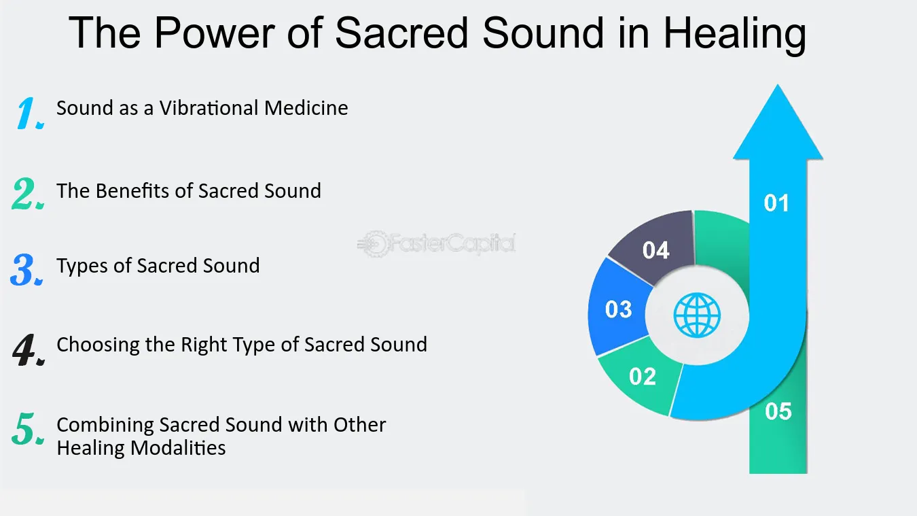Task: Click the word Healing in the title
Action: point(734,35)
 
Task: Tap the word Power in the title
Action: point(215,33)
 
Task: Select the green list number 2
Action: point(28,194)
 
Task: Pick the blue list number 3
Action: point(26,270)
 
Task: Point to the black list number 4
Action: point(29,349)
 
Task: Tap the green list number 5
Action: point(29,429)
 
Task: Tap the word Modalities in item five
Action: point(178,448)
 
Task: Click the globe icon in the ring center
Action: point(697,315)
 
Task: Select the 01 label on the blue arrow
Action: point(776,203)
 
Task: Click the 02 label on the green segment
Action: point(643,376)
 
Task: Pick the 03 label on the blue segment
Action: point(619,309)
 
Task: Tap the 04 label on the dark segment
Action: point(655,250)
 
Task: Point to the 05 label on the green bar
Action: point(778,411)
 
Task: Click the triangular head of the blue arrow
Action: point(778,127)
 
